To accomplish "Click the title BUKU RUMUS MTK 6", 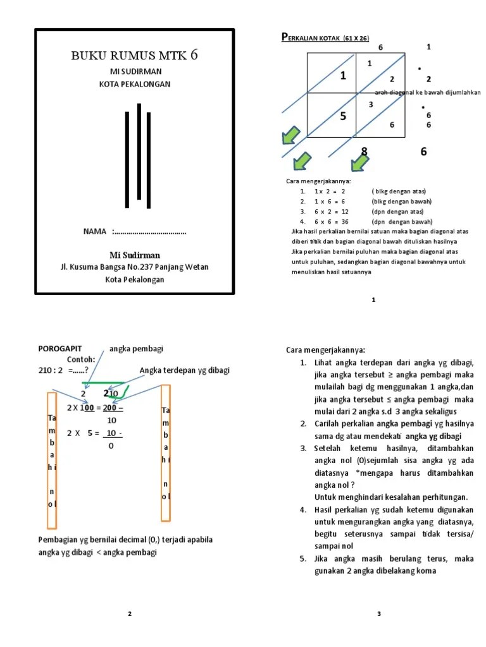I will (135, 56).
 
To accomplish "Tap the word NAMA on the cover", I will (95, 232).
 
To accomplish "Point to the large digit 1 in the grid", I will (343, 76).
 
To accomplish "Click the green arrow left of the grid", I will (292, 135).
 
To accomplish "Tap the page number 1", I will (374, 300).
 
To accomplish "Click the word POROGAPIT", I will (60, 349).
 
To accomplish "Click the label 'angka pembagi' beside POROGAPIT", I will (135, 349).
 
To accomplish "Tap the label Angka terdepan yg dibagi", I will (184, 370).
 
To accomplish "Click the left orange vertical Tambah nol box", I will (51, 461).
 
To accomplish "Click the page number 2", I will (130, 614).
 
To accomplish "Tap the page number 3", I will (379, 614).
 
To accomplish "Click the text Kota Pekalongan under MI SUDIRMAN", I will (135, 84).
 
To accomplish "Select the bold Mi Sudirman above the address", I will (135, 255).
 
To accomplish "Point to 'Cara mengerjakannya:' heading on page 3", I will (325, 351).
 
